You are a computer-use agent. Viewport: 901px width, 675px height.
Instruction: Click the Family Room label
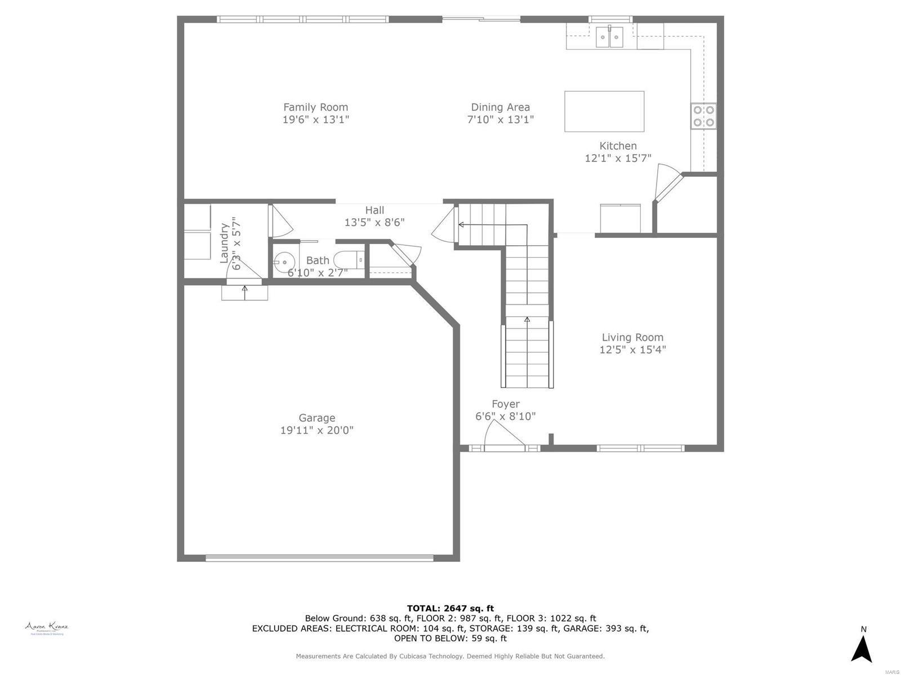[x=315, y=107]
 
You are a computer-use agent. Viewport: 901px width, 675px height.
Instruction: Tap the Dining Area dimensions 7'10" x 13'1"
[x=500, y=119]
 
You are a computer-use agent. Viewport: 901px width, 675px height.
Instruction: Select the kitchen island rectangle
[x=604, y=111]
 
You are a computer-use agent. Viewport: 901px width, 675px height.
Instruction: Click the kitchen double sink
[x=609, y=38]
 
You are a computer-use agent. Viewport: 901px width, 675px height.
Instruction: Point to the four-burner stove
[x=703, y=116]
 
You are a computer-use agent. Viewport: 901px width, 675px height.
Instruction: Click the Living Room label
[x=632, y=337]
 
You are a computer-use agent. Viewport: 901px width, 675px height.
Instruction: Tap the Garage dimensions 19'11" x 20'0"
[x=316, y=430]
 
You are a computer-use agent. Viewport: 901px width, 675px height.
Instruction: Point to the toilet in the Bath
[x=346, y=260]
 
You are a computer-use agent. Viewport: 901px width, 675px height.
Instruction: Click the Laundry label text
[x=224, y=243]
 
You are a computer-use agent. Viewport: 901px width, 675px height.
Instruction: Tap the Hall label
[x=374, y=210]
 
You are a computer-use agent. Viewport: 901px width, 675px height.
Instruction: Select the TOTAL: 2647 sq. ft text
[x=450, y=608]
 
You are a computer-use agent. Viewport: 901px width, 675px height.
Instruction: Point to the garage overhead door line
[x=319, y=558]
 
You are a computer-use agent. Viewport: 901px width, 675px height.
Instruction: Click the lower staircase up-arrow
[x=527, y=320]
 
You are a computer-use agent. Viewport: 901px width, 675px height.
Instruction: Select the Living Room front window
[x=640, y=448]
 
